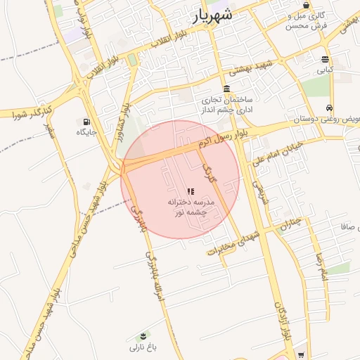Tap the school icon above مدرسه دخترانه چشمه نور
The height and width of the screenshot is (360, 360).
pyautogui.click(x=190, y=191)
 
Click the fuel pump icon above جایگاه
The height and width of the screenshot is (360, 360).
pyautogui.click(x=86, y=121)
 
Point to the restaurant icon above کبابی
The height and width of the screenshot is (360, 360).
pyautogui.click(x=324, y=59)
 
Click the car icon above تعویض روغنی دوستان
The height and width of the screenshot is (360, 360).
pyautogui.click(x=329, y=108)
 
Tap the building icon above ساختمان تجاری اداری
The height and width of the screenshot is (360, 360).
pyautogui.click(x=226, y=89)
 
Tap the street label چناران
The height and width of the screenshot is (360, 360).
pyautogui.click(x=290, y=224)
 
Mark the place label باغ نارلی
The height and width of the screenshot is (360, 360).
pyautogui.click(x=143, y=347)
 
